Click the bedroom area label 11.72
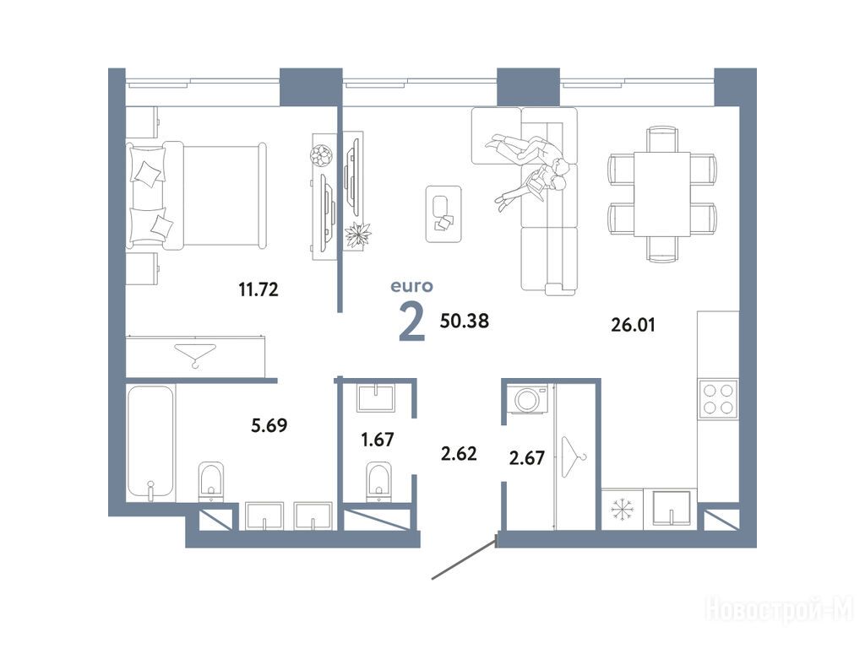click(258, 289)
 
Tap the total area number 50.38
click(464, 321)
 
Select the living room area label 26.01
click(633, 325)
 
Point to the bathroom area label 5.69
click(269, 425)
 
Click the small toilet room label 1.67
click(378, 439)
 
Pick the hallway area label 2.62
click(459, 453)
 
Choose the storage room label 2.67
click(527, 457)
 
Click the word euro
click(411, 286)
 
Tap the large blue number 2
click(411, 323)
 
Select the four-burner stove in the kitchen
click(718, 399)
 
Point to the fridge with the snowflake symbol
click(623, 510)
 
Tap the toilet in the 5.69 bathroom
click(212, 480)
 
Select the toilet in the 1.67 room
click(378, 482)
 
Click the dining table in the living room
click(662, 194)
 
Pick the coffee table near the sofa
click(443, 213)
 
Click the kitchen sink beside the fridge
click(671, 508)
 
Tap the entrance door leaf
click(465, 560)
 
